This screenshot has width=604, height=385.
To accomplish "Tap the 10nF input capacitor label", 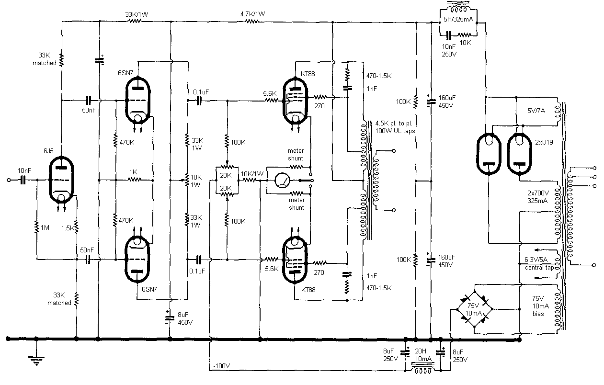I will click(24, 170).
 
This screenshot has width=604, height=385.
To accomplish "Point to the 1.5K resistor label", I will click(68, 228).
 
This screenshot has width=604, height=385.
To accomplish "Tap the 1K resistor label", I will click(134, 172).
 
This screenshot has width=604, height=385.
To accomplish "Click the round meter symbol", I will click(282, 181).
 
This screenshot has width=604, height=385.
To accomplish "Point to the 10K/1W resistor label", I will click(251, 173).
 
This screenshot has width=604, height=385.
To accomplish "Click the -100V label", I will click(221, 366).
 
